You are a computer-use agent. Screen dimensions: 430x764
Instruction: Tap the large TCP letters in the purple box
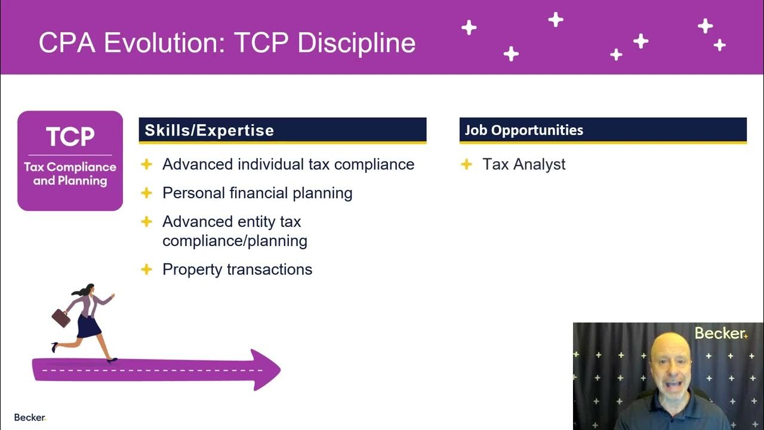click(70, 137)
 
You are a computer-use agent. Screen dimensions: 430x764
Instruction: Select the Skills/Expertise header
click(209, 130)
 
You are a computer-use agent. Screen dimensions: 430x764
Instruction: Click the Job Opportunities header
click(523, 130)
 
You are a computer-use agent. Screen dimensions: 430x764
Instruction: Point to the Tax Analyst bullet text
click(523, 164)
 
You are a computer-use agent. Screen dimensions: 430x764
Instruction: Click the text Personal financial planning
click(257, 193)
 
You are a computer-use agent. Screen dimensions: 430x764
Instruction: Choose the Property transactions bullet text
click(237, 269)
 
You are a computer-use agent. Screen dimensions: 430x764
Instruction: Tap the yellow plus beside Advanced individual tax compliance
click(146, 164)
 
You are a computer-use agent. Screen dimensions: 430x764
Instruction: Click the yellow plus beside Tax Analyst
click(467, 164)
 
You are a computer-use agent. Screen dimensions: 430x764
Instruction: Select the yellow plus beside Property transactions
click(146, 269)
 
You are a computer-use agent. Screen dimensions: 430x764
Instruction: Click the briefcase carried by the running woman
click(61, 318)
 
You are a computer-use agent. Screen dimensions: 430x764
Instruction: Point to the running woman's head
click(90, 290)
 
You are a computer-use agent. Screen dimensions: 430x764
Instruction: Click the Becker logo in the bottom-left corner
click(30, 417)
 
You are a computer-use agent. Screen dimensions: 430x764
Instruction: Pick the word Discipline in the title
click(356, 43)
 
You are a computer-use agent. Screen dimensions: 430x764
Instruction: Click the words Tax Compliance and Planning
click(70, 174)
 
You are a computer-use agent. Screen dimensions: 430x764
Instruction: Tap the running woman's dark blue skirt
click(89, 326)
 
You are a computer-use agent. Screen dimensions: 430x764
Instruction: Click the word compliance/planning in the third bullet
click(235, 241)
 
